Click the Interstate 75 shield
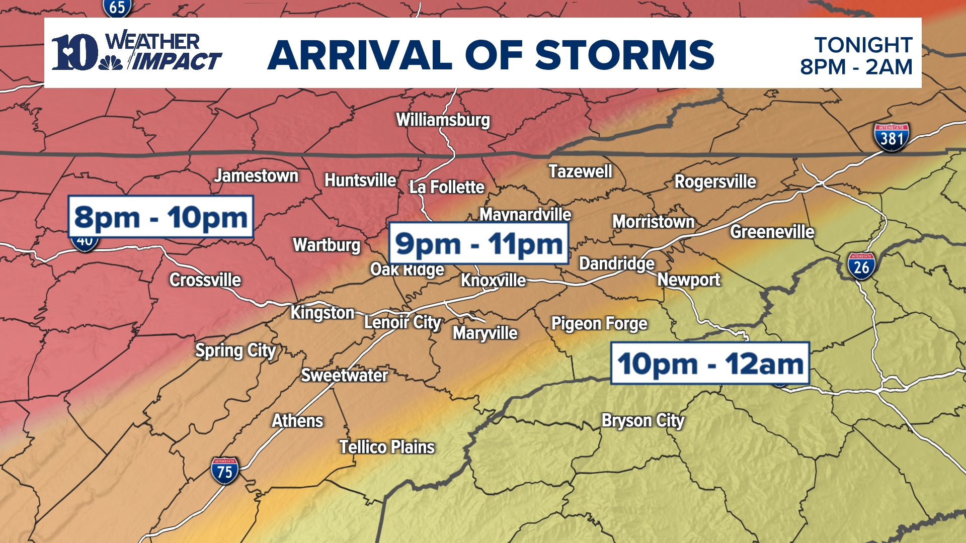[224, 471]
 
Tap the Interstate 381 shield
[891, 137]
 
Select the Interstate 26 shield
[861, 266]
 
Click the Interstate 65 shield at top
[117, 8]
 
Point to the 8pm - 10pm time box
[160, 217]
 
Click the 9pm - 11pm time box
[478, 244]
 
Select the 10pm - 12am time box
[709, 364]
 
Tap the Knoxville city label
[493, 280]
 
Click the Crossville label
[205, 280]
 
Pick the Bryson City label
[642, 420]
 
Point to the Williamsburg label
[443, 120]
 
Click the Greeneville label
[772, 232]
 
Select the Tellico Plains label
[386, 447]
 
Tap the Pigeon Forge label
[599, 323]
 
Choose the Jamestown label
[256, 176]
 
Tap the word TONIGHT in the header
[863, 45]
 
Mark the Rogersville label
[714, 182]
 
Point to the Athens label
[297, 421]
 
